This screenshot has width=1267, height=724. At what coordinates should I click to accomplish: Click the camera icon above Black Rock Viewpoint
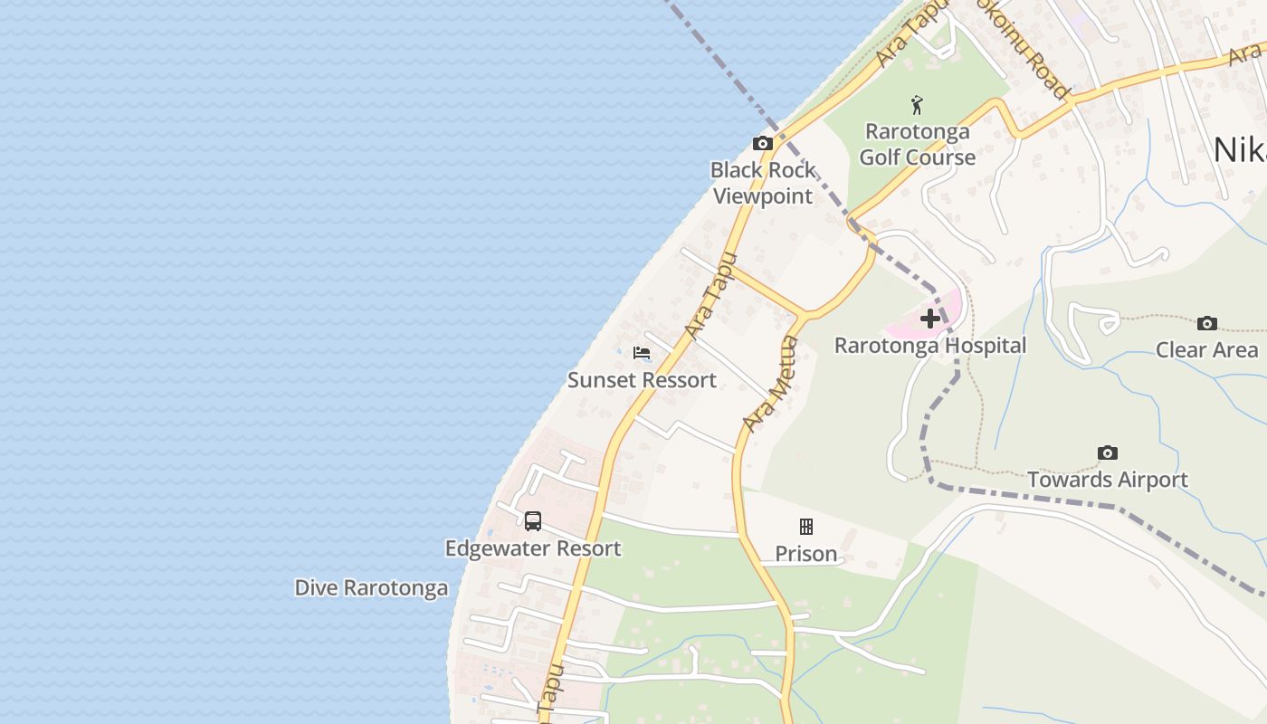[763, 143]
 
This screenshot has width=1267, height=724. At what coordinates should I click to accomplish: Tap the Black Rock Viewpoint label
[763, 183]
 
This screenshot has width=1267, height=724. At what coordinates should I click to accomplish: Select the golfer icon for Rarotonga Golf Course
[918, 105]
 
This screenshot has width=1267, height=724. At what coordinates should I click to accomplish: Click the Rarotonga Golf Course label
[918, 144]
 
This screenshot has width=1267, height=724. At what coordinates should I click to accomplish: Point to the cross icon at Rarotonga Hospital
[929, 319]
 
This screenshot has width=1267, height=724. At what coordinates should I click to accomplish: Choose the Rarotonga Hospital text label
[930, 346]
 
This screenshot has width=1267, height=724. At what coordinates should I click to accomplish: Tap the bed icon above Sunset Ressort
[642, 353]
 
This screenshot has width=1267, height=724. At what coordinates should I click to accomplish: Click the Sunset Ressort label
[642, 380]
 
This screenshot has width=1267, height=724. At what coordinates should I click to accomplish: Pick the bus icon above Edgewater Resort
[533, 520]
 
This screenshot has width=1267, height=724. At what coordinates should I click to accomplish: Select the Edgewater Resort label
[533, 548]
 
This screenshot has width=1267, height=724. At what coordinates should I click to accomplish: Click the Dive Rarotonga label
[371, 588]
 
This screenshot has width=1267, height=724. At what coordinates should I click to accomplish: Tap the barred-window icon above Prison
[805, 527]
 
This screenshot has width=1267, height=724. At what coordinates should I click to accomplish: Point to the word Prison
[805, 554]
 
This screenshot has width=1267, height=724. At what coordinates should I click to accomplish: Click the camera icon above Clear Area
[1206, 323]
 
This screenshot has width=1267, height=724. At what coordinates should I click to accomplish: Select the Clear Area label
[1206, 350]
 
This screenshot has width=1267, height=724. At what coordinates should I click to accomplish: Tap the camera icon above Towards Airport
[1107, 452]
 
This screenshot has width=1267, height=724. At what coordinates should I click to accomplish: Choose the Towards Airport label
[1107, 480]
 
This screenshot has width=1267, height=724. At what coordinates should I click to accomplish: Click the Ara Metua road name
[771, 384]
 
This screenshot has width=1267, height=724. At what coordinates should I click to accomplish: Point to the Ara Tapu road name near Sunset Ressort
[707, 298]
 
